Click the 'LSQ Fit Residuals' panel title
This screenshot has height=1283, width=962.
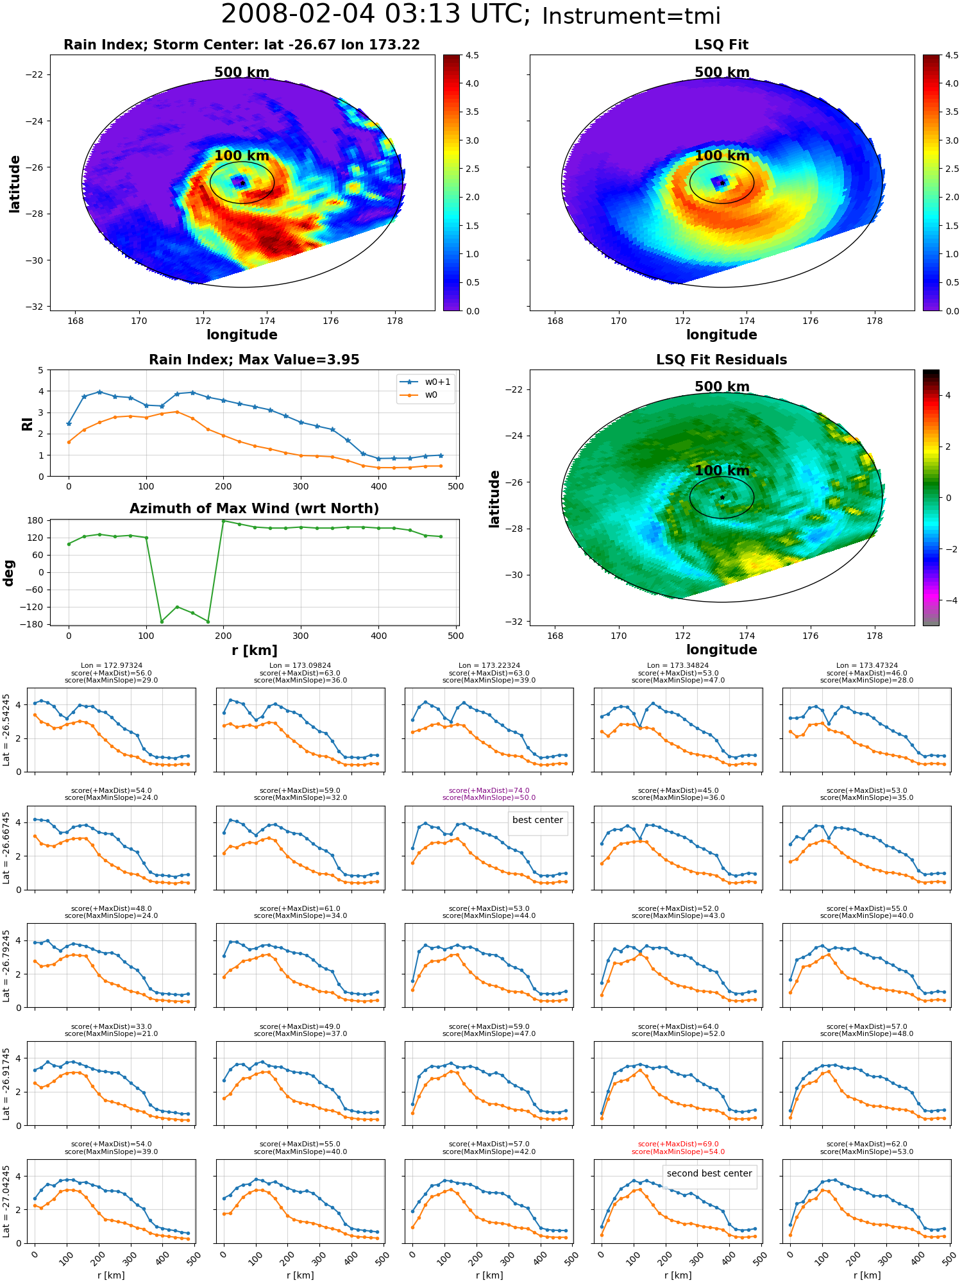(721, 360)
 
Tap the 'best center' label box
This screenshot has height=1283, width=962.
(537, 820)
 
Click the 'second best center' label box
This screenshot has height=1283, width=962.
(709, 1173)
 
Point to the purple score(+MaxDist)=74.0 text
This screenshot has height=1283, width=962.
(489, 790)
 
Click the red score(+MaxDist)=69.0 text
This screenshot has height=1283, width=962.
(678, 1144)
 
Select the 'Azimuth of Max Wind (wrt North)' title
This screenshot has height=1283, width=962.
(254, 509)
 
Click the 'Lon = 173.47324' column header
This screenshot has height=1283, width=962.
(867, 665)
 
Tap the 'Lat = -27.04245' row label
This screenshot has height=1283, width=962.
(6, 1202)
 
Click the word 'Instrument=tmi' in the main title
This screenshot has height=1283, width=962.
(631, 16)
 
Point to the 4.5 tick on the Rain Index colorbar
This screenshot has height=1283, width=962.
(472, 55)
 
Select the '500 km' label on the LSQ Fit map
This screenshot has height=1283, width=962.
(721, 72)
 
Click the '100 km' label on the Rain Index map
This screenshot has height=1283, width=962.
(242, 155)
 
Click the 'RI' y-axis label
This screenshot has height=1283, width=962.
(27, 423)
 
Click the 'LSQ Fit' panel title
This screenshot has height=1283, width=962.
(721, 45)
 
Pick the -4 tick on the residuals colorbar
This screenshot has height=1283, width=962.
(948, 600)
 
